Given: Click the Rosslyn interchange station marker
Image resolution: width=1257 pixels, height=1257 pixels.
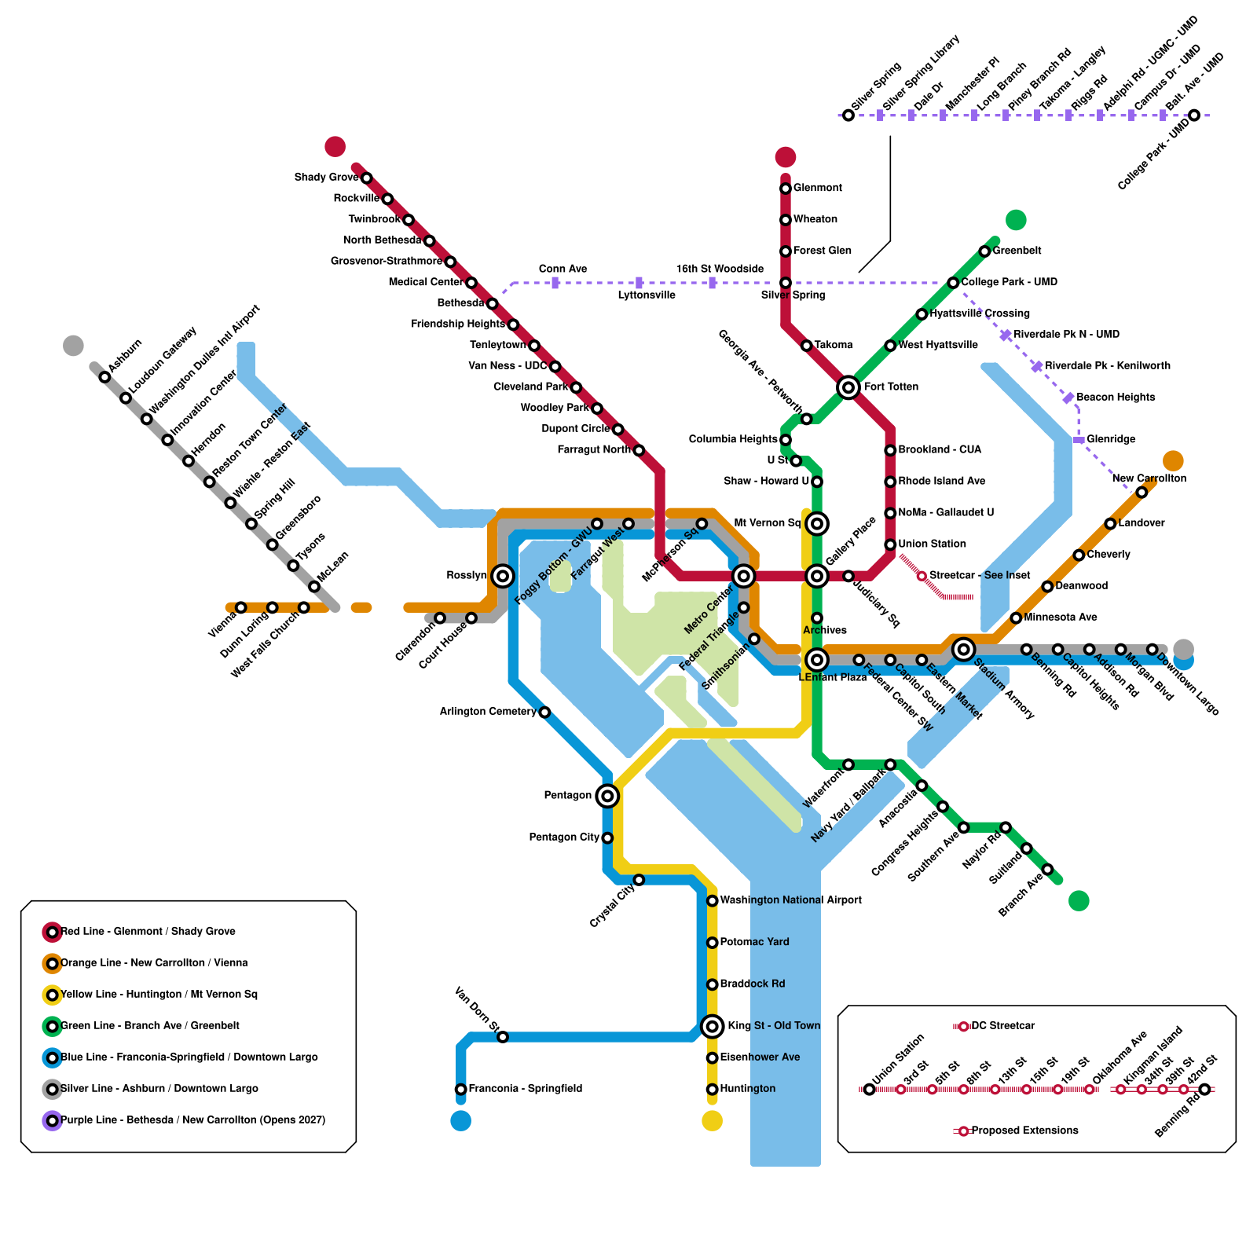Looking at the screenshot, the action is click(x=503, y=576).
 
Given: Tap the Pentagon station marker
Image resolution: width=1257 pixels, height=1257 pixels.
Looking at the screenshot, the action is click(x=607, y=796).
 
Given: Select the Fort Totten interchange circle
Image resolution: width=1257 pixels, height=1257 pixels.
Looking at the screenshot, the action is click(x=848, y=387).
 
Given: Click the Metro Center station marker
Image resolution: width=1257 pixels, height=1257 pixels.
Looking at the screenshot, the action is click(x=743, y=576).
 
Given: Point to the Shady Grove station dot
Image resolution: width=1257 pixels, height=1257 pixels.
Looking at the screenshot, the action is click(x=366, y=178).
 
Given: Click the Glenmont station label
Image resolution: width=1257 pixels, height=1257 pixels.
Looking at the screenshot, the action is click(x=817, y=188).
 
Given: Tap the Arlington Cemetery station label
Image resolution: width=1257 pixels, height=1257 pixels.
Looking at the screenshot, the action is click(x=487, y=712).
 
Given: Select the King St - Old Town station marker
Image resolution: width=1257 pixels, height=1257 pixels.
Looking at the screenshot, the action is click(x=713, y=1026).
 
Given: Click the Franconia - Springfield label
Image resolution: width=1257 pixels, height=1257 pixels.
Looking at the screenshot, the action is click(x=525, y=1089).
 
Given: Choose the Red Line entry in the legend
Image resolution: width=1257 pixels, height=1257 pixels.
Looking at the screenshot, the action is click(x=148, y=932).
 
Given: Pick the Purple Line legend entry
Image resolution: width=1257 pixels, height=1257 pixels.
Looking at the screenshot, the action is click(x=192, y=1120).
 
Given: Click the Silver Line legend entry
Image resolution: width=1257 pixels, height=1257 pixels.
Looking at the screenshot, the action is click(x=159, y=1089).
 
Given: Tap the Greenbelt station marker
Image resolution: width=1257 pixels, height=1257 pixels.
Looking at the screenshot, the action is click(x=984, y=251).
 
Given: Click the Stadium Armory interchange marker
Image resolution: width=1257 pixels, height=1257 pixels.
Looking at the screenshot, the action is click(x=964, y=649).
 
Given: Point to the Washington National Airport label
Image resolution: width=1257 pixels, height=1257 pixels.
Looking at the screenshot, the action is click(x=790, y=900).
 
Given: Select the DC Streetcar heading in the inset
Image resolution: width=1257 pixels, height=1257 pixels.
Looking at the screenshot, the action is click(x=1002, y=1026).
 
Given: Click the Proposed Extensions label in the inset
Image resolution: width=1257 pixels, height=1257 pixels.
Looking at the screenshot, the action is click(x=1024, y=1131).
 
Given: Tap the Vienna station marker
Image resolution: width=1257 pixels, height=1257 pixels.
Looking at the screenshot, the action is click(x=241, y=607).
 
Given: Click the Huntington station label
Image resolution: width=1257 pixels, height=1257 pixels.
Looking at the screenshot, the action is click(x=747, y=1089).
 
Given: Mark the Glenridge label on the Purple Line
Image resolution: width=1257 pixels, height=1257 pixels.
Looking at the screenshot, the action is click(x=1111, y=439).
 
